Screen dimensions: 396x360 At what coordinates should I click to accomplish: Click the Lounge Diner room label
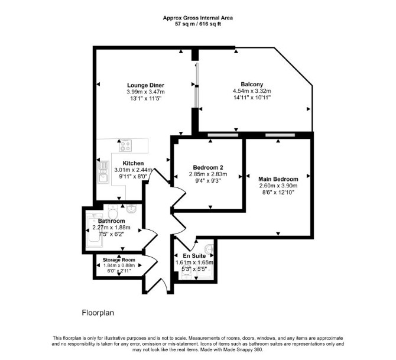[x=146, y=85]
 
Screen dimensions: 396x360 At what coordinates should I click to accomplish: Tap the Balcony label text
[x=252, y=85]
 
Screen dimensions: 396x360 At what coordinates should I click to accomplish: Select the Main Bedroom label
[x=278, y=179]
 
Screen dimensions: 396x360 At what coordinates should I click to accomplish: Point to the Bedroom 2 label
[x=208, y=167]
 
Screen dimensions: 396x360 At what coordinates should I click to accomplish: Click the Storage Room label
[x=119, y=260]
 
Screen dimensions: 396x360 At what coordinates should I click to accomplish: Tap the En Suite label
[x=194, y=256]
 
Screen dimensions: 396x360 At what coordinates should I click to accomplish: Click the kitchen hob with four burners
[x=125, y=146]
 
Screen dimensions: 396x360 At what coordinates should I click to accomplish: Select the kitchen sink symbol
[x=103, y=172]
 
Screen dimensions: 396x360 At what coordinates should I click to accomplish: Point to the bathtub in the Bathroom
[x=94, y=231]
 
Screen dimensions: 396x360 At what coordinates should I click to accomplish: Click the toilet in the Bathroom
[x=113, y=212]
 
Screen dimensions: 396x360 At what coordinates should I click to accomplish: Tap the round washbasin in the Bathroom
[x=132, y=209]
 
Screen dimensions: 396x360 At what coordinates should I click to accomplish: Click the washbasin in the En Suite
[x=210, y=249]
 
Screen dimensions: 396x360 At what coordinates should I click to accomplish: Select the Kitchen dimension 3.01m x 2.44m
[x=134, y=170]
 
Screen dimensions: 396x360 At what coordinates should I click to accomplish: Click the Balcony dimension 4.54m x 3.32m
[x=252, y=91]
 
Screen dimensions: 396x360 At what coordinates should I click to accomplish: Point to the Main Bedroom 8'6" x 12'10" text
[x=278, y=192]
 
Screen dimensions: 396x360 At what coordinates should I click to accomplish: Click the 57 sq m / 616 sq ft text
[x=198, y=24]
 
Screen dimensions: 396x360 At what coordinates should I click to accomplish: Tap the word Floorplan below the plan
[x=98, y=313]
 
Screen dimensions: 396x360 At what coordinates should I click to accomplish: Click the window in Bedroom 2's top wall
[x=223, y=135]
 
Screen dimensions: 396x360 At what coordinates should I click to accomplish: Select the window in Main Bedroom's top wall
[x=280, y=135]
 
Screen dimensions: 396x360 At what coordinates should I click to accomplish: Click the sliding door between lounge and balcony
[x=197, y=86]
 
